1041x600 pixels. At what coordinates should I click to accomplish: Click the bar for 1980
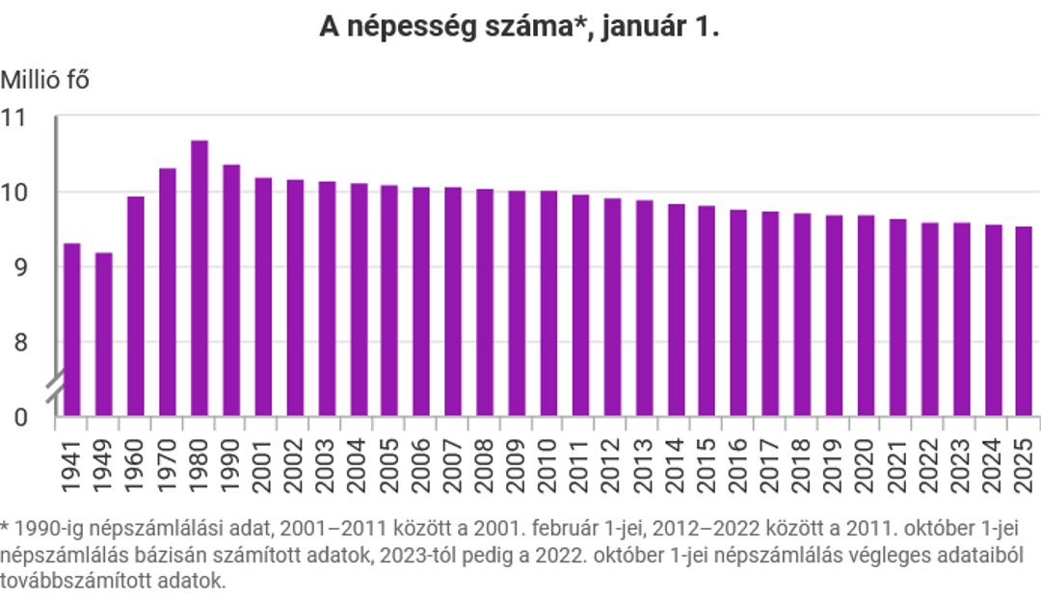(200, 278)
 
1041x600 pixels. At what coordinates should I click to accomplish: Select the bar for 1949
(104, 334)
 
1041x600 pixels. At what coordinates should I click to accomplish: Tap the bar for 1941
(72, 329)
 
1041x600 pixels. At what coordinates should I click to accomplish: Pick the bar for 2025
(1024, 322)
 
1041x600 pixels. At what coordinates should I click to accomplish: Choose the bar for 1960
(136, 306)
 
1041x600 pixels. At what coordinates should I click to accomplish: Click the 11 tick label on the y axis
(15, 117)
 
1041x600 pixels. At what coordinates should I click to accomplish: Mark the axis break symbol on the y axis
(56, 387)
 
